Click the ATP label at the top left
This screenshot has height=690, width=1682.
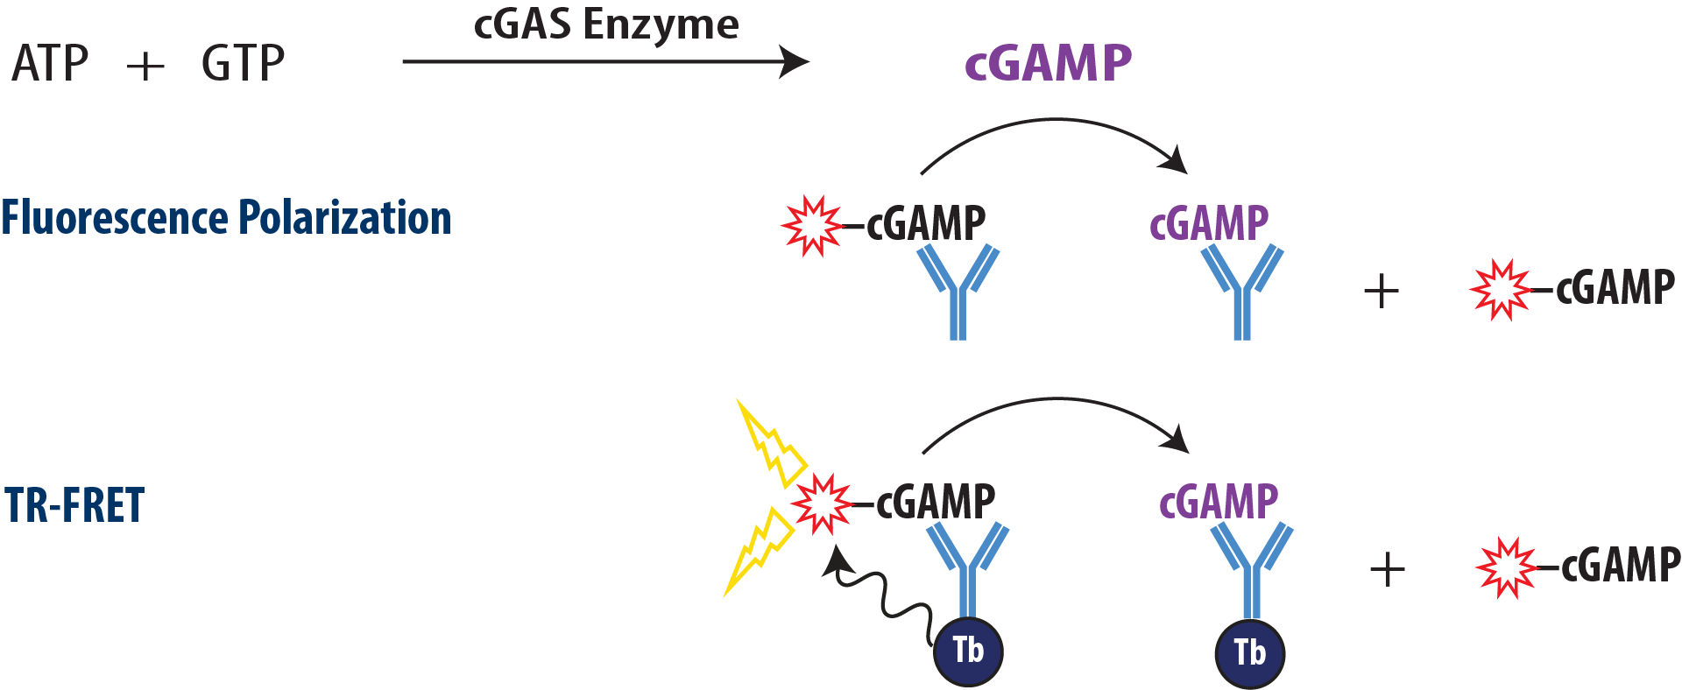click(50, 64)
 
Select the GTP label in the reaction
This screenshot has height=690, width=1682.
click(243, 64)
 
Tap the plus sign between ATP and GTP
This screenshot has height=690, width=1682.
click(145, 67)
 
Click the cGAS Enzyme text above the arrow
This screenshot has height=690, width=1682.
click(606, 25)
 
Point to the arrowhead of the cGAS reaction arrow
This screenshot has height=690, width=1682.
click(795, 62)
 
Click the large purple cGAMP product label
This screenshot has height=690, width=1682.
click(1048, 63)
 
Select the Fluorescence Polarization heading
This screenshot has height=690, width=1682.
click(226, 217)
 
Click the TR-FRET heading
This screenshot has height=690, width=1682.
click(74, 506)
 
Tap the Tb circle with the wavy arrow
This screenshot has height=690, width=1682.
click(968, 651)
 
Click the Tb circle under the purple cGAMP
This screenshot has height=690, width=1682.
click(1250, 653)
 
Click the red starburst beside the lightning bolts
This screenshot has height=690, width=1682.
click(821, 503)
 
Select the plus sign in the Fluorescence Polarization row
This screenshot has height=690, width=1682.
click(1382, 291)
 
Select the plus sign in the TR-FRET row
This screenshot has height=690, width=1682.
click(1387, 570)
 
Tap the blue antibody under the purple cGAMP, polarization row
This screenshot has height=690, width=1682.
click(1242, 293)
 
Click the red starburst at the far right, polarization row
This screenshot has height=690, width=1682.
click(1501, 290)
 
